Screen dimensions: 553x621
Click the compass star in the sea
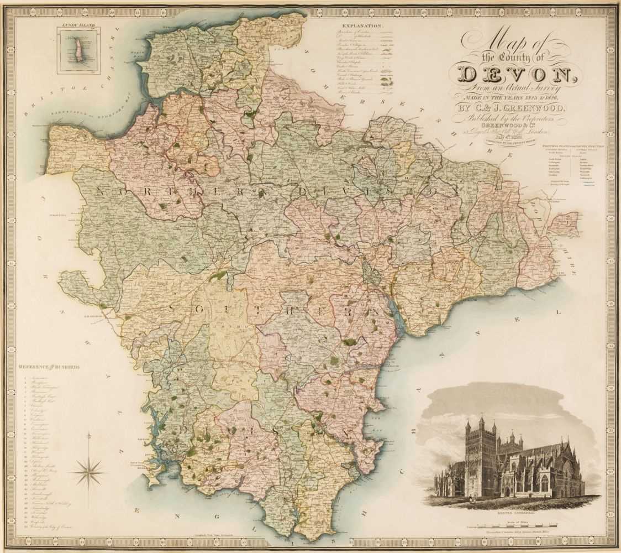click(88, 471)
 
